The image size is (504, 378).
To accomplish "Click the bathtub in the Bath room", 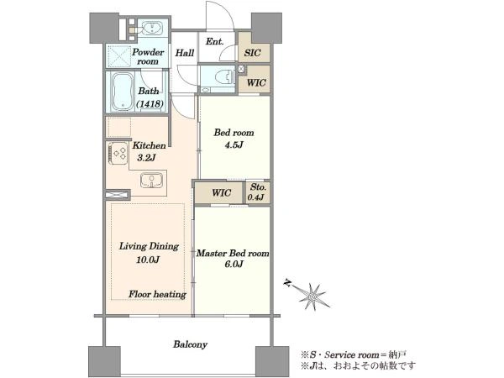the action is coord(123,92).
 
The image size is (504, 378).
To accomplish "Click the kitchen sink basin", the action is coord(152,180).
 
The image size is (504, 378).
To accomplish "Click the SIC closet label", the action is coord(252,53).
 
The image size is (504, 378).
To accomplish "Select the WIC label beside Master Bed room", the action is coord(222,193).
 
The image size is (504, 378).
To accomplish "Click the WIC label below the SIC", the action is coord(256,82).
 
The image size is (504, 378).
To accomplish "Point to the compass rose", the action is coord(311,296).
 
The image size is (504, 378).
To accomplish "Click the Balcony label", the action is coord(191,344).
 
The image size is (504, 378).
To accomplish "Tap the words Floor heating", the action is coord(157,294).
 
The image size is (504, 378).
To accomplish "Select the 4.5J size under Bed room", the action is coord(234,145).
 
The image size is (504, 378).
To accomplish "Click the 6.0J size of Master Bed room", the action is coord(234,265).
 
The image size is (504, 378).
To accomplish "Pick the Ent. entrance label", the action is coord(215,41).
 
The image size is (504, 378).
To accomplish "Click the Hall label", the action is coord(185,53).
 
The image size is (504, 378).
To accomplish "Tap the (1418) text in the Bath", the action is coord(150,104).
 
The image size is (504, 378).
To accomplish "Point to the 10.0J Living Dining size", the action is coord(148,260).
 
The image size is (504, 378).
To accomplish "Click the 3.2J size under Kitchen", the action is coord(146,158).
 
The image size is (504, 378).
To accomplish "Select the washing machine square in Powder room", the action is coord(119,56).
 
